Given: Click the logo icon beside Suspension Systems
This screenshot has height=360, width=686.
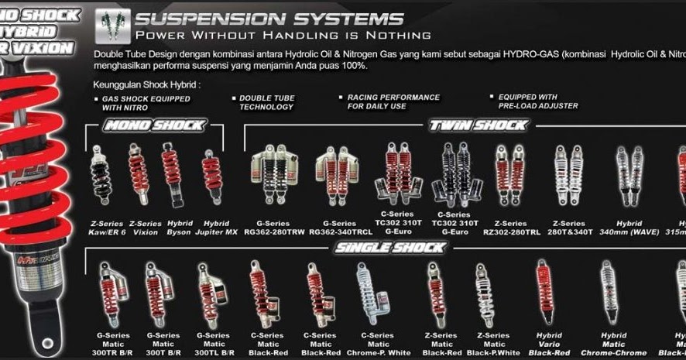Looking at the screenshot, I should [112, 26].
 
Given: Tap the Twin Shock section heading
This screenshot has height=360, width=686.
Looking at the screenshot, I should [478, 125].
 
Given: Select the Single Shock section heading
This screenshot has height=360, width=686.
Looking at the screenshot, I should [390, 248].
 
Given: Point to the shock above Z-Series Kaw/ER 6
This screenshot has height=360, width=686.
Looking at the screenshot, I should [101, 175].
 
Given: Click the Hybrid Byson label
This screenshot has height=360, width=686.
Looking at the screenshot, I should [178, 228].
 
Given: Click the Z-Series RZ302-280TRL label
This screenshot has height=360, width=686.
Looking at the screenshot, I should [510, 228].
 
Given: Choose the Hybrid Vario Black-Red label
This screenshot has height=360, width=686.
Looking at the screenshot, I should [549, 344].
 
